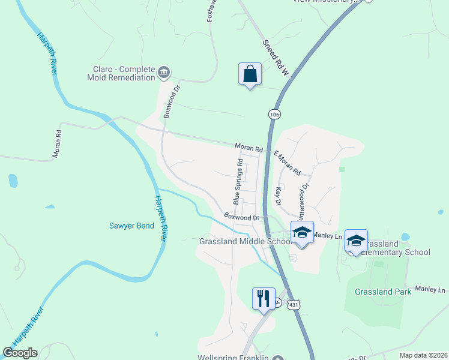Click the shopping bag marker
250,74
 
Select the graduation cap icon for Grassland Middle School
301,233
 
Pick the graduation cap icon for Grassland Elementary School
356,241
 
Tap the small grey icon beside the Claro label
164,73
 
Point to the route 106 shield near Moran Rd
274,113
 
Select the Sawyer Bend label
131,226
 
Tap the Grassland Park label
382,292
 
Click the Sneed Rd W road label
276,58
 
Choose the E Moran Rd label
287,163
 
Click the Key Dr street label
278,196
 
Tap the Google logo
20,352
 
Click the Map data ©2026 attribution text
423,355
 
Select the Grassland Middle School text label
245,241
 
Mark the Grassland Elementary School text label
396,248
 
